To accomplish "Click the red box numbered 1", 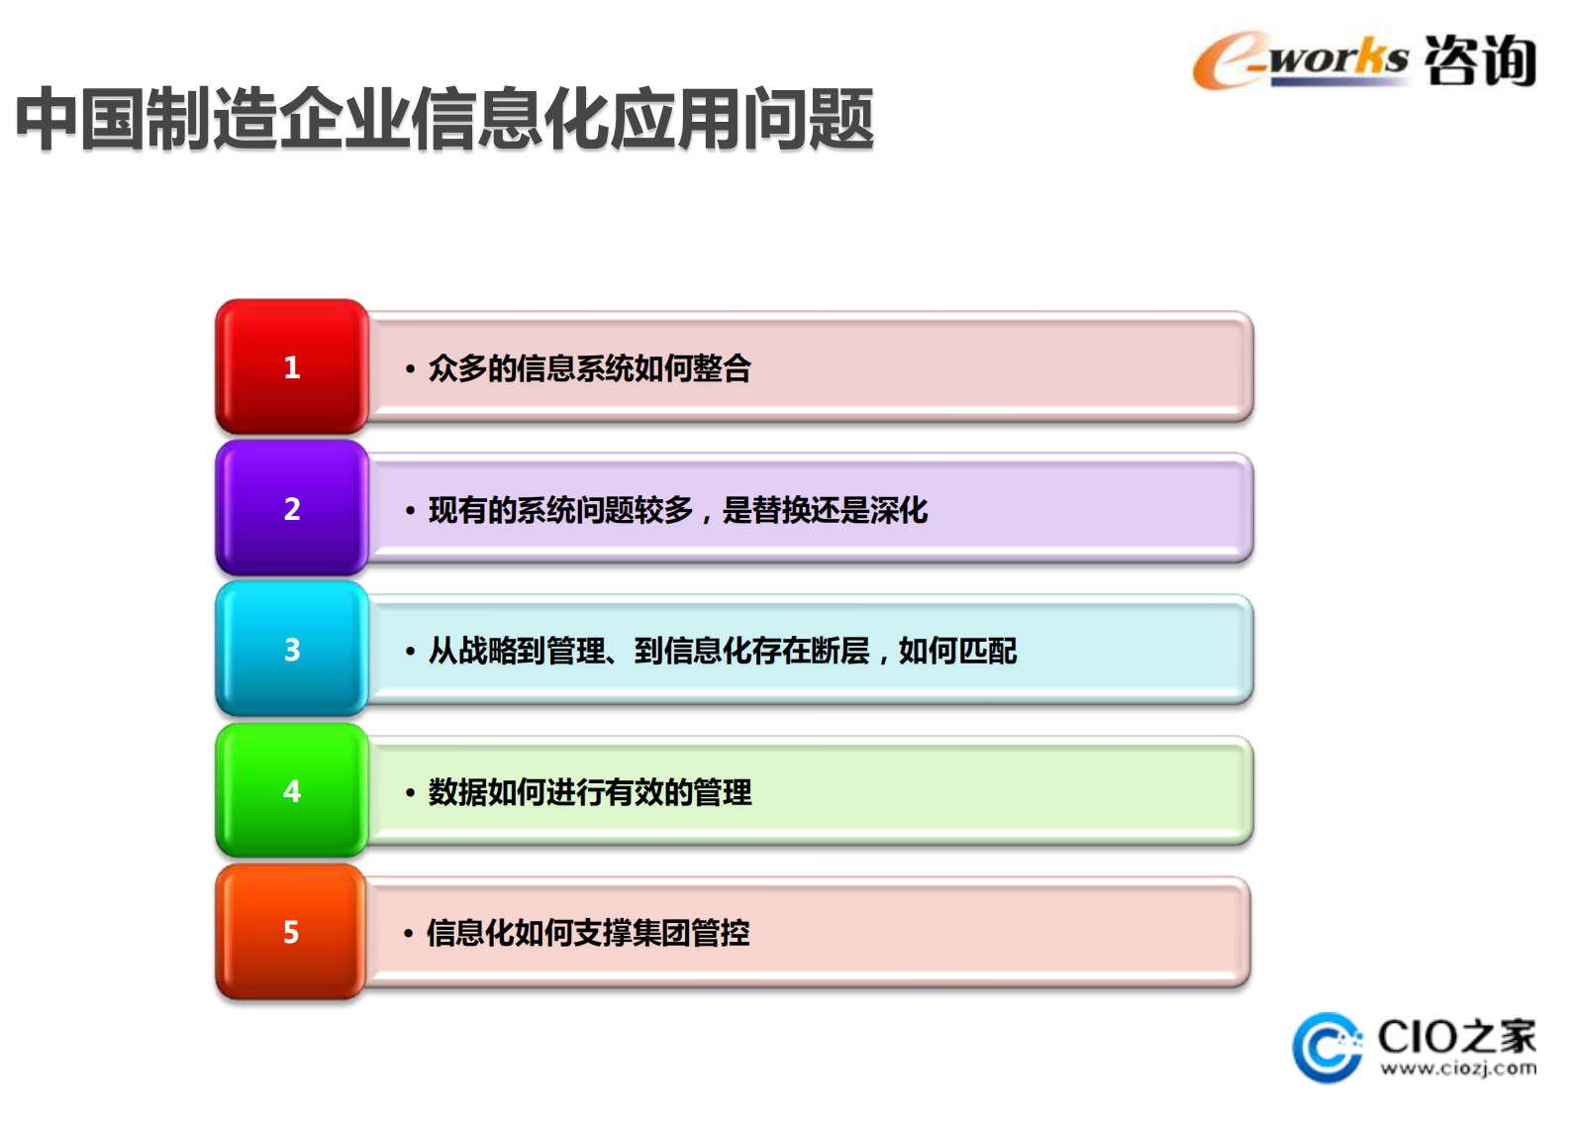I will point(292,367).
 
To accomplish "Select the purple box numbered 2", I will point(292,509).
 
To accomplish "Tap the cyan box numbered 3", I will point(292,650).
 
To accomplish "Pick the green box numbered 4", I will point(292,791).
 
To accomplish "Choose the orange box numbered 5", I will point(291,932).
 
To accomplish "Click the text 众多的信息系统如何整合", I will point(589,368).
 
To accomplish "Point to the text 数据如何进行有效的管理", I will point(589,792).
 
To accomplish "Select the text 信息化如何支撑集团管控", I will point(587,933).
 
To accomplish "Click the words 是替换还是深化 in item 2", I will point(825,510).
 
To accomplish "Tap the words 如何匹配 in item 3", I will point(957,651).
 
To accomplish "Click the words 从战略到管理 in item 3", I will point(517,651).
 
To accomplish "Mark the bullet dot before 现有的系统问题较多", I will point(410,511).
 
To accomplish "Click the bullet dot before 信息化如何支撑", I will point(408,934).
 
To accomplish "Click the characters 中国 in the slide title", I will point(80,120).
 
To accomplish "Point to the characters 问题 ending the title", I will point(808,120).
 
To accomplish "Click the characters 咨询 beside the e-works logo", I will point(1480,60).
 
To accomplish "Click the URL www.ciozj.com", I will point(1458,1069).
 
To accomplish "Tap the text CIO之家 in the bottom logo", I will point(1456,1037).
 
